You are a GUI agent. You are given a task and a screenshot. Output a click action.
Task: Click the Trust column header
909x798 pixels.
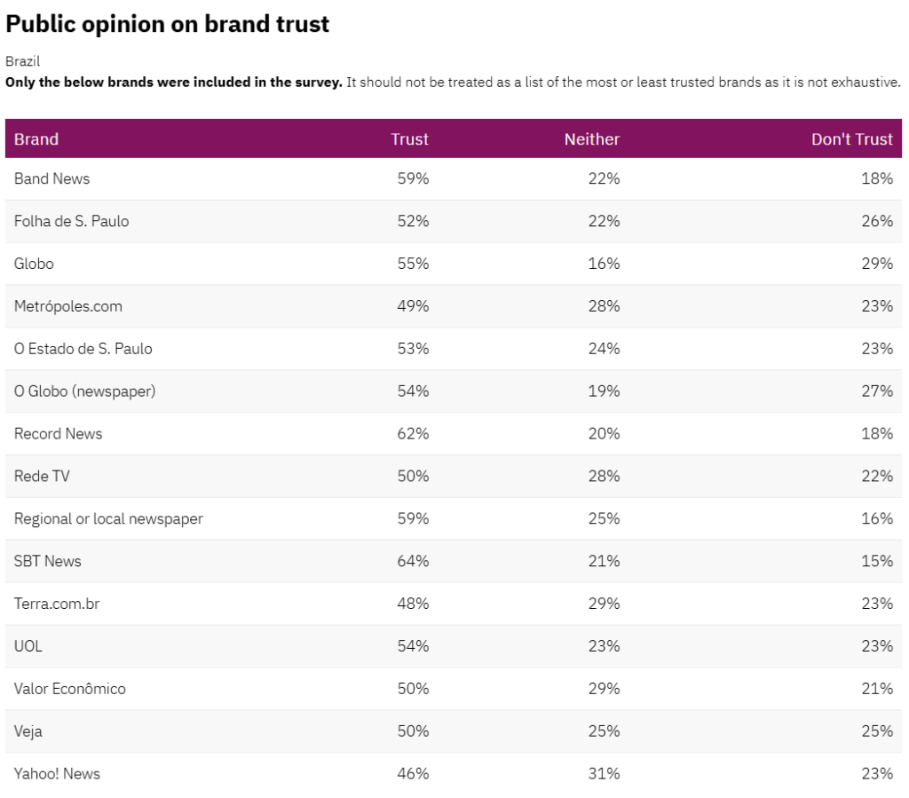pos(409,139)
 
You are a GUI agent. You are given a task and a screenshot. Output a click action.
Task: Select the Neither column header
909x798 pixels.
pos(591,139)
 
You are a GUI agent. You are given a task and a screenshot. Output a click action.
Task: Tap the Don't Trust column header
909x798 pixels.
pos(851,139)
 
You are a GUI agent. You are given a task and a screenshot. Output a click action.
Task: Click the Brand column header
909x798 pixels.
pos(36,139)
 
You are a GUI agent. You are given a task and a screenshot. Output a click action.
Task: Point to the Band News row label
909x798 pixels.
pos(51,178)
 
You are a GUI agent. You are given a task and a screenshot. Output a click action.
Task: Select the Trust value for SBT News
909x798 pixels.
pos(413,561)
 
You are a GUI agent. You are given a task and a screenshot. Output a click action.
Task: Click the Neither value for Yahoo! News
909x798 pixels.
pos(604,774)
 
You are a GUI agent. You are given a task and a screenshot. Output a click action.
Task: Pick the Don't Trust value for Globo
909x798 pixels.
pos(876,264)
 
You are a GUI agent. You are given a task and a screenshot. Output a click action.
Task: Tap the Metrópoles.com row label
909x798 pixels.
pos(68,306)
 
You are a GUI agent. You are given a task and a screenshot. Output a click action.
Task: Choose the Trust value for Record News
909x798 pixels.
pos(413,434)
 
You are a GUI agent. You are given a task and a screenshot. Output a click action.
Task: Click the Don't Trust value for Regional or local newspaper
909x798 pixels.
pos(876,518)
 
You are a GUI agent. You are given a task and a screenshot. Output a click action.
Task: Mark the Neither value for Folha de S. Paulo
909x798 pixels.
pos(604,221)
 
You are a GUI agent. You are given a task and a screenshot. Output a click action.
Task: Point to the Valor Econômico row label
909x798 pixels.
pos(70,689)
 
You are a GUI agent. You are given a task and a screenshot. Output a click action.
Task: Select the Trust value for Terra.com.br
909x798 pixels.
pos(413,604)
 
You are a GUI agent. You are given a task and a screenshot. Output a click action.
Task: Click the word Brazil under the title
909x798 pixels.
pos(22,61)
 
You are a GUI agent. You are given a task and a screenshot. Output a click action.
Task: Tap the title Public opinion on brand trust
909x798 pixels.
pos(168,24)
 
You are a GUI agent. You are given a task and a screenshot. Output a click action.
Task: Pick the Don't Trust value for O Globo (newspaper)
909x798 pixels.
pos(876,391)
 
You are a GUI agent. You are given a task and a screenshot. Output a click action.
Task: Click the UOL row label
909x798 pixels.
pos(28,646)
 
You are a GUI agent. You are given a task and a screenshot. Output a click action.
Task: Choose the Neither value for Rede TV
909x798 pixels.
pos(604,477)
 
